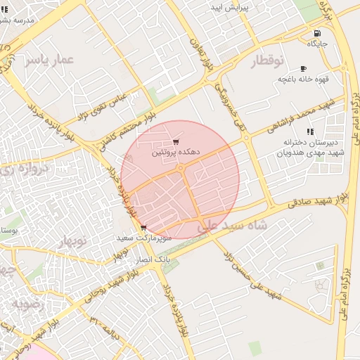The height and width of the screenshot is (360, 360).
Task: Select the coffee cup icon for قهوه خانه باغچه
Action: pyautogui.click(x=303, y=69)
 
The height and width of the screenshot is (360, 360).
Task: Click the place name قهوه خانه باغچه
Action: pyautogui.click(x=303, y=79)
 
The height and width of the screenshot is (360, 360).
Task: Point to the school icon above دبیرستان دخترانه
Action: pyautogui.click(x=309, y=131)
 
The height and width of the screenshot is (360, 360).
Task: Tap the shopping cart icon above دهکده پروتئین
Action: pyautogui.click(x=175, y=142)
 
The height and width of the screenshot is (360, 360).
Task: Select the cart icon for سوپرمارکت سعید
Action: pyautogui.click(x=143, y=228)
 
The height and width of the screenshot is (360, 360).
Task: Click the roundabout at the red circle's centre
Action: pyautogui.click(x=180, y=169)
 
